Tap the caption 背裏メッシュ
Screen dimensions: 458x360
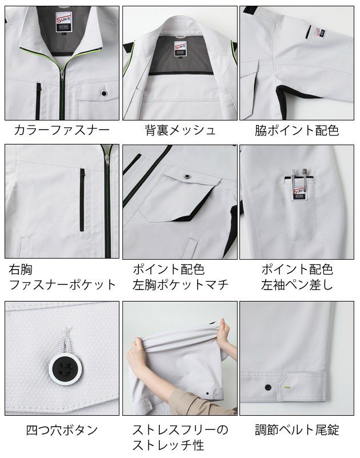(x=181, y=130)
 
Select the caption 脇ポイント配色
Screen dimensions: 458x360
(x=297, y=130)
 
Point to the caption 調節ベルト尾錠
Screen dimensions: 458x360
(x=297, y=430)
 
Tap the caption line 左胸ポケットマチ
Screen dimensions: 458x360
(x=181, y=284)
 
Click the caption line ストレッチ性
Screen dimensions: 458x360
(x=169, y=444)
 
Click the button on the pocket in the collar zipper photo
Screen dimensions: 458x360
(x=104, y=93)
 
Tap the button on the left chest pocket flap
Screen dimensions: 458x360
(x=187, y=175)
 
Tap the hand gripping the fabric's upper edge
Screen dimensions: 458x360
(x=223, y=329)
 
